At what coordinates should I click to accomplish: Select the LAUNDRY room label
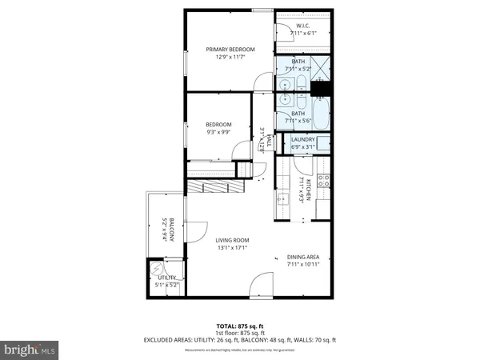click(x=302, y=140)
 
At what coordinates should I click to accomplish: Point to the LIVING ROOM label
click(x=232, y=240)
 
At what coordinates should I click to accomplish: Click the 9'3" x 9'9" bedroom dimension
click(x=218, y=133)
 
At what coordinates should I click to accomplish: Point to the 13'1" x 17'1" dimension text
click(x=231, y=248)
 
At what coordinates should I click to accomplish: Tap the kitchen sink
click(x=282, y=201)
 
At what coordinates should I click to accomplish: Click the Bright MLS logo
click(x=30, y=350)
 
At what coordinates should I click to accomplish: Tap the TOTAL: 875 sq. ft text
click(x=239, y=326)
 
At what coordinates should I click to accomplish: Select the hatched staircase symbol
click(x=211, y=186)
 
